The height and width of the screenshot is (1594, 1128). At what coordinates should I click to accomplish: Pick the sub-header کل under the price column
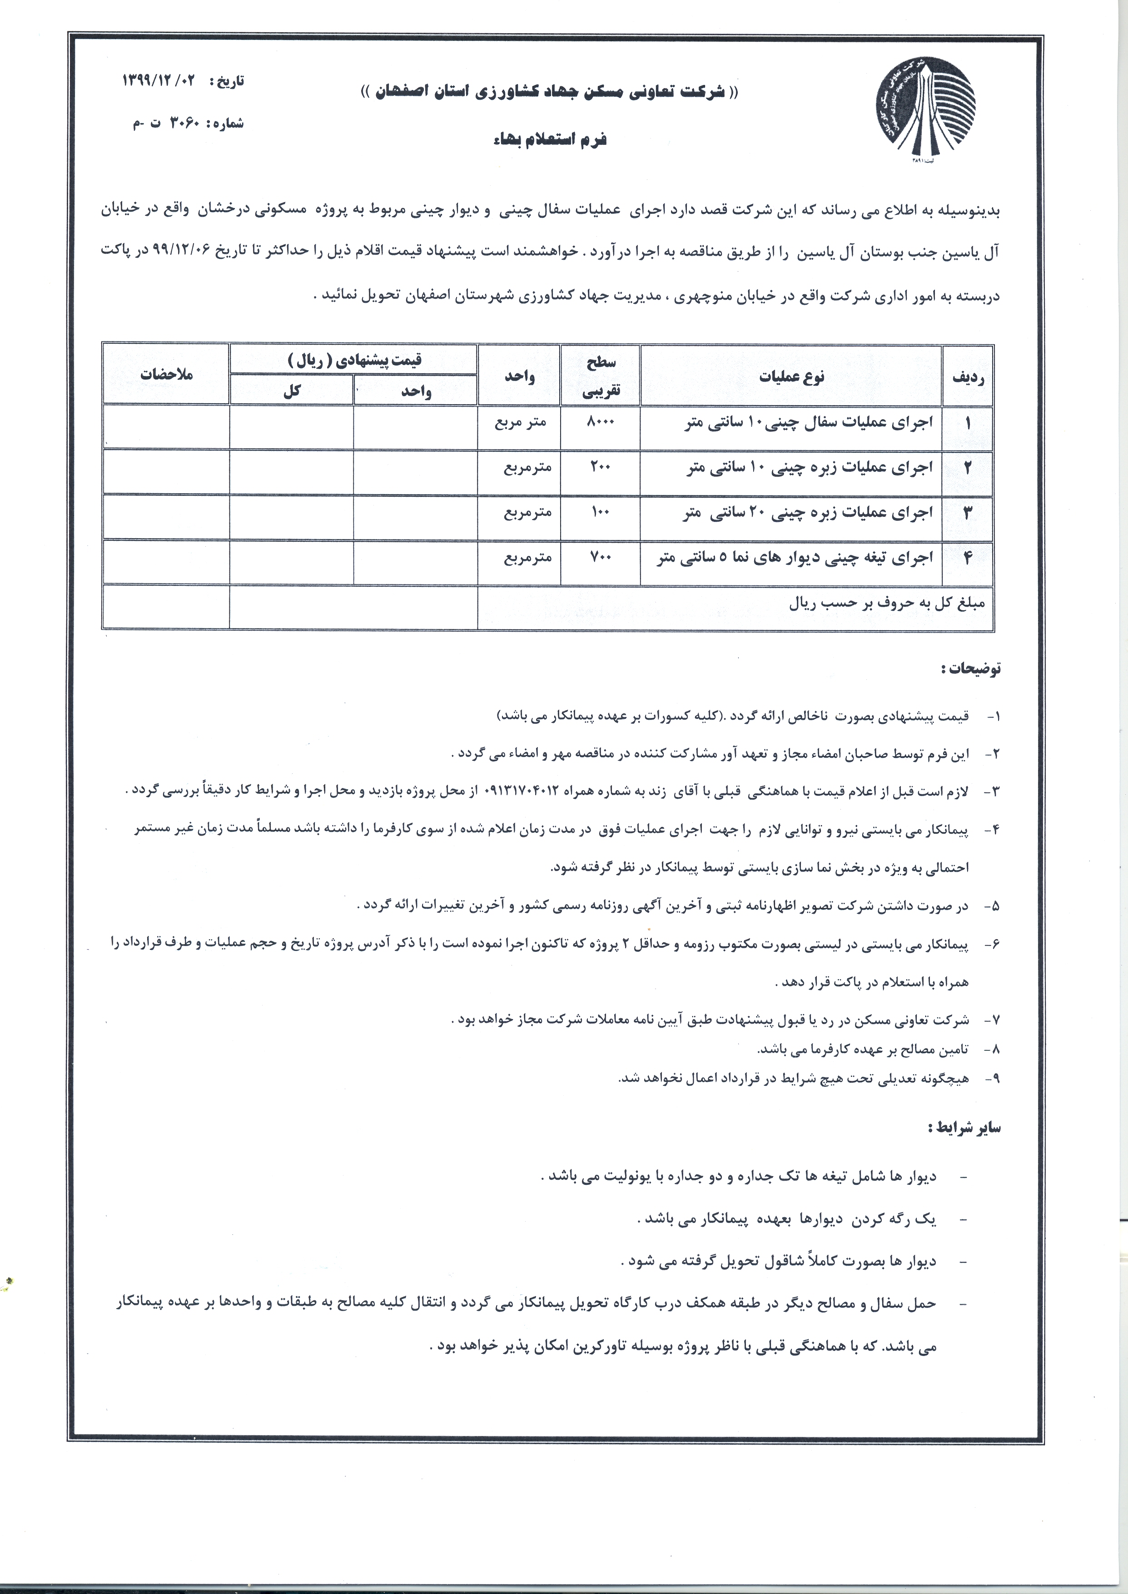(x=292, y=391)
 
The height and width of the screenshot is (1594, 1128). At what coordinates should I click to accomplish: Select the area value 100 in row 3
(x=600, y=512)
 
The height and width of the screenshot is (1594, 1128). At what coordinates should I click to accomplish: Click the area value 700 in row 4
(x=600, y=557)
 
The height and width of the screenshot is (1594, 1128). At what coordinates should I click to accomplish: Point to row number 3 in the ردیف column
(x=968, y=513)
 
